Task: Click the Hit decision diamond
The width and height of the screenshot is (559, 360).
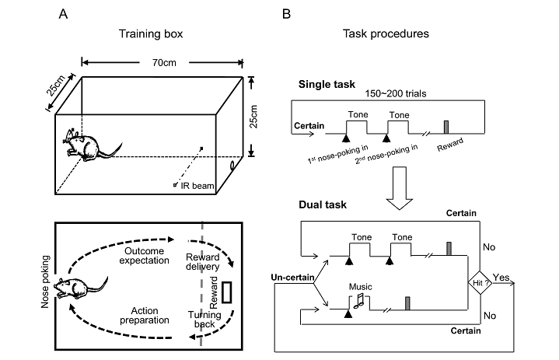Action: point(476,285)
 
